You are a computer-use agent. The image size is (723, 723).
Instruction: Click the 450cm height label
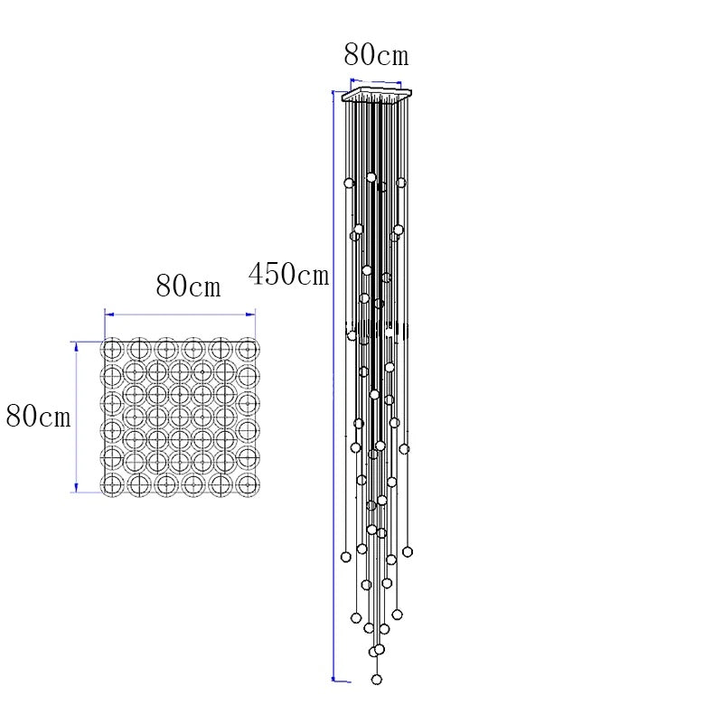click(x=288, y=274)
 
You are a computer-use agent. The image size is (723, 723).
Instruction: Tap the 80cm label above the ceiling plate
click(x=376, y=54)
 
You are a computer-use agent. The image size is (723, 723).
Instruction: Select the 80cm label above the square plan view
click(x=188, y=286)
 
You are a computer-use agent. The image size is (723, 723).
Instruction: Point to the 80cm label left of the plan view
click(x=38, y=416)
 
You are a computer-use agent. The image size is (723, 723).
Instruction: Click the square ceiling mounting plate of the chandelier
click(x=376, y=94)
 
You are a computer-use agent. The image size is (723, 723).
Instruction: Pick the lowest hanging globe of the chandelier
click(x=377, y=680)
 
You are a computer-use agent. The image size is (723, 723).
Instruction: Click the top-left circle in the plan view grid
click(x=112, y=350)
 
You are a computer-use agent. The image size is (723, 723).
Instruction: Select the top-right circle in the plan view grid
click(x=248, y=350)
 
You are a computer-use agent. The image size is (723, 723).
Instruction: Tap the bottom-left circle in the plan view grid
click(x=112, y=485)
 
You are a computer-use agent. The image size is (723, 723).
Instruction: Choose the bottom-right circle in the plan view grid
click(x=248, y=485)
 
